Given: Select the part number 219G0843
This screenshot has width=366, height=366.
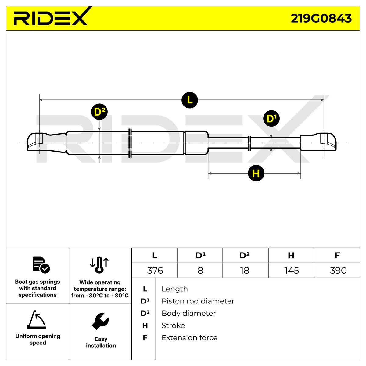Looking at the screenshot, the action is tap(321, 19).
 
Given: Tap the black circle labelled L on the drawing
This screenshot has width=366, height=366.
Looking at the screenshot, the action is tap(190, 100).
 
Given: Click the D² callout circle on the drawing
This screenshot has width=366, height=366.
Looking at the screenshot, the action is tap(99, 112).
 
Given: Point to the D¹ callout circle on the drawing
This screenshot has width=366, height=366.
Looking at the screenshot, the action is tap(271, 118).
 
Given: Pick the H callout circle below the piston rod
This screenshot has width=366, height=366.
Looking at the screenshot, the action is tap(256, 173).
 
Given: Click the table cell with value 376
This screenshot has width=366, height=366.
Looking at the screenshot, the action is tap(155, 271).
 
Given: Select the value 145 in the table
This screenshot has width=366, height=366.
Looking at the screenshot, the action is tap(291, 271).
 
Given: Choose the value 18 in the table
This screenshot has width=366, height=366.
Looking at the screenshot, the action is tap(245, 271).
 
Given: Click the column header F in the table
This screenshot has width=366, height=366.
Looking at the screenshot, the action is tap(337, 255).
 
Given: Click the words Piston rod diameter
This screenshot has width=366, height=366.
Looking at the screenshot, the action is tap(198, 301).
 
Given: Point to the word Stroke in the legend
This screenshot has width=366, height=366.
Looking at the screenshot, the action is tap(173, 325).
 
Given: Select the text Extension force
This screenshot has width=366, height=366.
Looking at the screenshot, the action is tap(189, 338).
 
